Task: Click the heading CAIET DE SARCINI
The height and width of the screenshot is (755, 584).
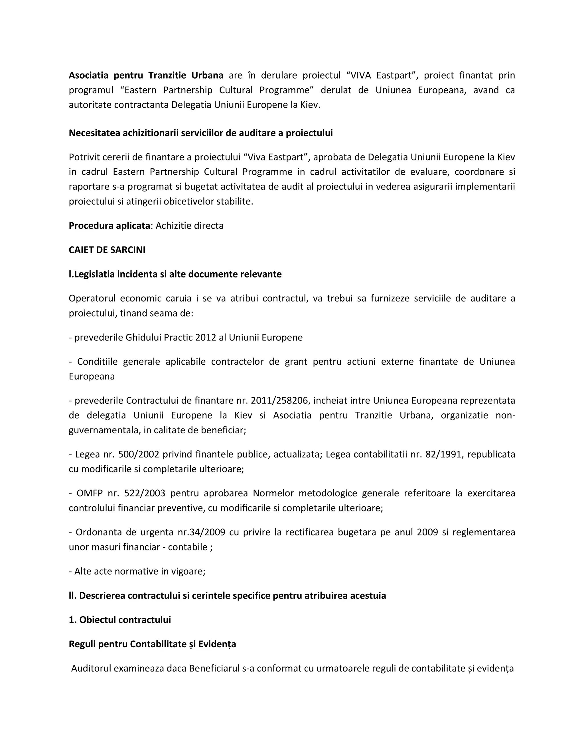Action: [107, 250]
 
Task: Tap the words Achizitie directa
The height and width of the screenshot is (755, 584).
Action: [189, 226]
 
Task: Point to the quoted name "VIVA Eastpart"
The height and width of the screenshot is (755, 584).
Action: [382, 75]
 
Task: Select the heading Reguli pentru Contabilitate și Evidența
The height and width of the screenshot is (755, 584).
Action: [152, 644]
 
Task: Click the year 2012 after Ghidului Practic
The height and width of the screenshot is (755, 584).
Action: [206, 337]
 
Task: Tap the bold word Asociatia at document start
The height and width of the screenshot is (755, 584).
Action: [89, 75]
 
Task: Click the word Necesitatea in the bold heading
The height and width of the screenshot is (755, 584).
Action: [94, 133]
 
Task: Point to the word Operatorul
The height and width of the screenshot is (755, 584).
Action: [92, 298]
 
